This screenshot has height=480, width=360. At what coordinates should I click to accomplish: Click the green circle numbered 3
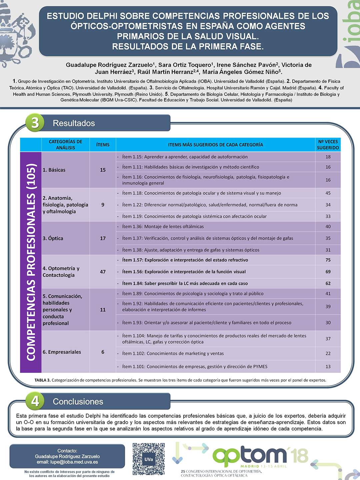coord(35,123)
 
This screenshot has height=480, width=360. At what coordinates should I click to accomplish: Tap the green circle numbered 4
coord(35,401)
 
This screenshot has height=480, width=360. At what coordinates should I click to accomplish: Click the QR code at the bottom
coord(149,459)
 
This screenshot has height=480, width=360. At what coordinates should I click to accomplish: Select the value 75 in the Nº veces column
coord(328,260)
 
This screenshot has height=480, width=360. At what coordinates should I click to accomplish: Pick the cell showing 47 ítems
coord(103,272)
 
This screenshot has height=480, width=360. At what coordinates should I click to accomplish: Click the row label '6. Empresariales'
coord(62,352)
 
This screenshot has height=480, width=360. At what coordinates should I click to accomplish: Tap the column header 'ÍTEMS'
coord(103,145)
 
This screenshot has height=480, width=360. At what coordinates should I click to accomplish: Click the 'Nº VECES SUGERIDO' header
coord(328,145)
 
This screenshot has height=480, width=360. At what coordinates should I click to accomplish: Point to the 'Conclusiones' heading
coord(78,402)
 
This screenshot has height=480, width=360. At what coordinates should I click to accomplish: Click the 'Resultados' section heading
coord(74,123)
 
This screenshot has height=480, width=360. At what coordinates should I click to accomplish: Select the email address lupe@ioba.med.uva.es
coord(67,462)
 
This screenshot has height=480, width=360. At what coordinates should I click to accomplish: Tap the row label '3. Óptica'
coord(53,238)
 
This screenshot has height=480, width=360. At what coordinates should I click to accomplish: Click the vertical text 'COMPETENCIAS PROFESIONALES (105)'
coord(31,262)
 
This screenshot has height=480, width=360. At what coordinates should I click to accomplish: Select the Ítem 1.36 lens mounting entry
coord(163,227)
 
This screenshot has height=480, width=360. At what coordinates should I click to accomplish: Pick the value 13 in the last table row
coord(328,367)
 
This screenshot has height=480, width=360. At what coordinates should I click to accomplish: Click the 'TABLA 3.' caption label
coord(42,380)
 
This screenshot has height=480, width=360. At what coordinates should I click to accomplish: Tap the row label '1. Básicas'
coord(54,170)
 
